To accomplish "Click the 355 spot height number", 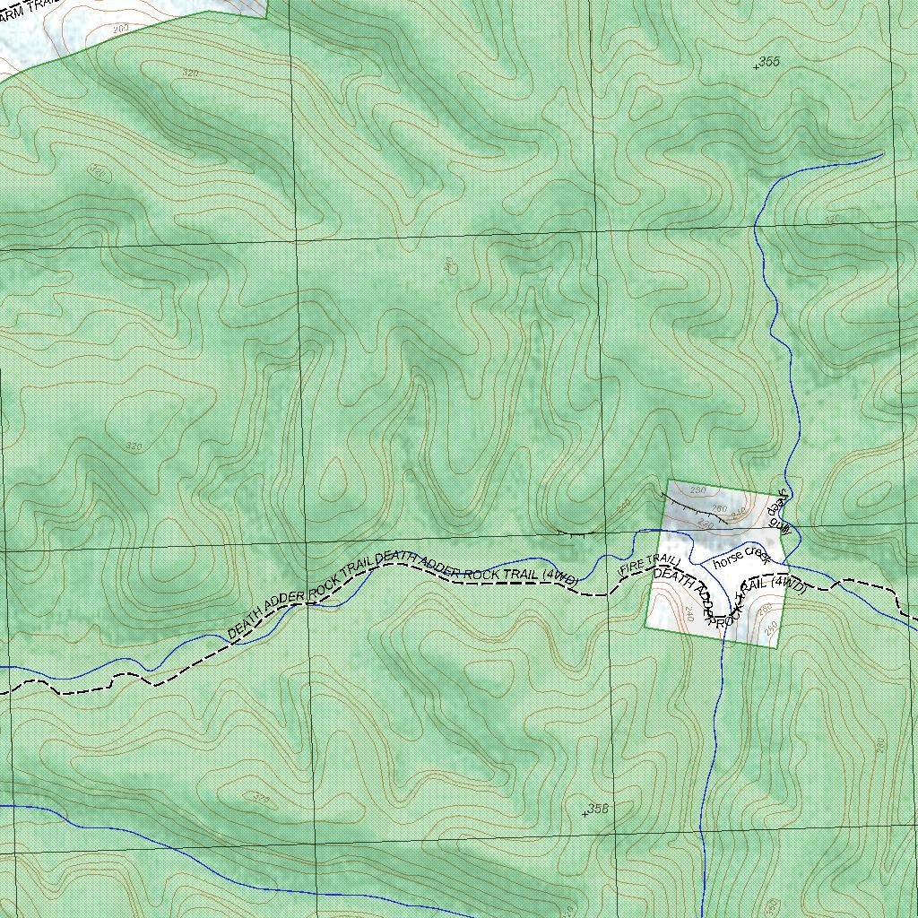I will pos(770,60).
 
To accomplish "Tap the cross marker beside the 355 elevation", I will pos(757,65).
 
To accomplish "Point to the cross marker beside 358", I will pos(585,812).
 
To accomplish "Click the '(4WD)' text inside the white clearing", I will pos(789,584).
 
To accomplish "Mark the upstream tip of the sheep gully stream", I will pos(882,153).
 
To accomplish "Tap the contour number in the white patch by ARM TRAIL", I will pos(121,30).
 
